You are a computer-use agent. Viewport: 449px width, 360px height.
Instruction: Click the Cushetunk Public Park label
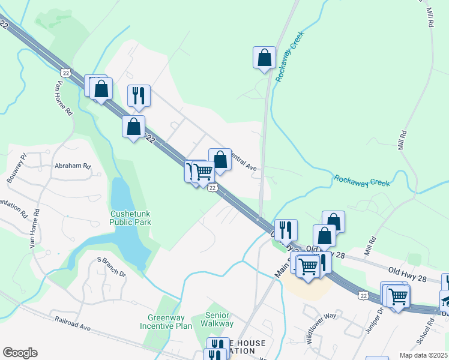coord(130,217)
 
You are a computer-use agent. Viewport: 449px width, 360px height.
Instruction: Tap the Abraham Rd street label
coord(73,166)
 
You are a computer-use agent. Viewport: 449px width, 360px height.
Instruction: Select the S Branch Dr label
coord(112,268)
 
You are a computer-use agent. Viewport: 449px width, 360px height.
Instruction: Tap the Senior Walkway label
coord(219,319)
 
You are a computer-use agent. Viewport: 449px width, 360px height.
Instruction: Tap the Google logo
coord(20,353)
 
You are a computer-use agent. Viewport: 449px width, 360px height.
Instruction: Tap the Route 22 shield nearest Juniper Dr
coord(363,295)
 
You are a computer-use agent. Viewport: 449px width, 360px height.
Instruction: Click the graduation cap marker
coord(446,299)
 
